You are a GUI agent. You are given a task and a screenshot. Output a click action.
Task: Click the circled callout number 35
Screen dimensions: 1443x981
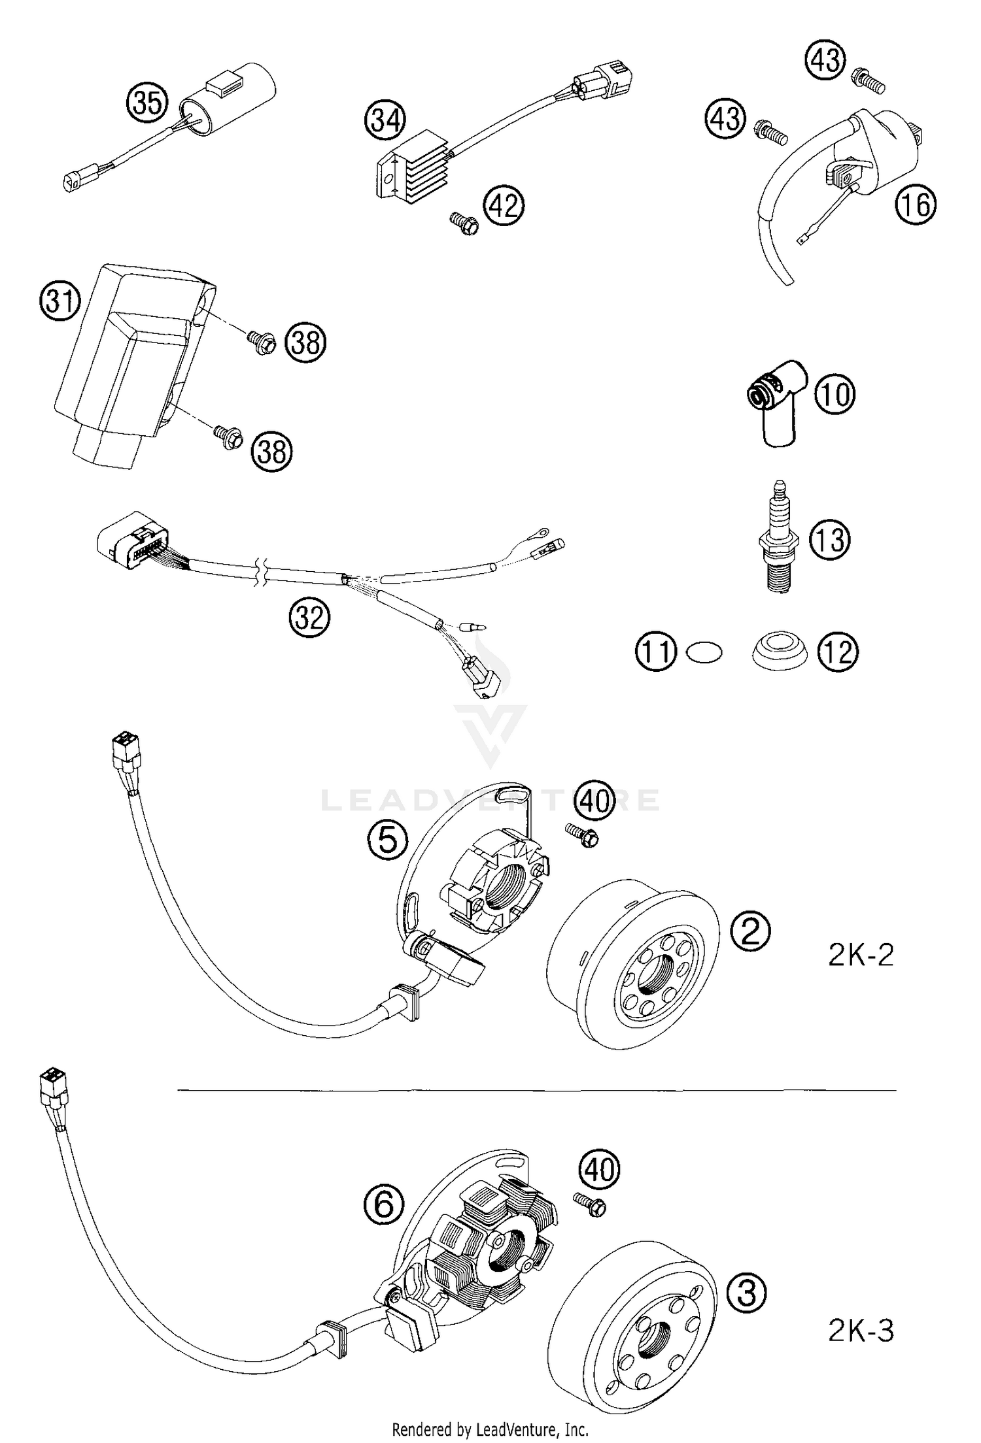click(148, 103)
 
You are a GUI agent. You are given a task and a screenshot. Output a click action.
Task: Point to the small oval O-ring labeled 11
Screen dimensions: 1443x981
click(704, 652)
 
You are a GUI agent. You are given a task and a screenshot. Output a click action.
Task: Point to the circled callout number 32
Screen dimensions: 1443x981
click(309, 617)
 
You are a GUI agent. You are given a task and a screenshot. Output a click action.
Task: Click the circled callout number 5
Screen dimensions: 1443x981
click(388, 840)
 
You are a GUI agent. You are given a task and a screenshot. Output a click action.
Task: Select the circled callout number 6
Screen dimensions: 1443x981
click(384, 1204)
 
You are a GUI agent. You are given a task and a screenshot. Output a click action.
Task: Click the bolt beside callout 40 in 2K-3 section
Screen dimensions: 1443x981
click(589, 1204)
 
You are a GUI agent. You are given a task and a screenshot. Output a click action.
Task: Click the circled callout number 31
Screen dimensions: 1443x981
click(60, 302)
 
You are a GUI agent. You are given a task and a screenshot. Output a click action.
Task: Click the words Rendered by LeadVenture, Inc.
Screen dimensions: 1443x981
click(490, 1429)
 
